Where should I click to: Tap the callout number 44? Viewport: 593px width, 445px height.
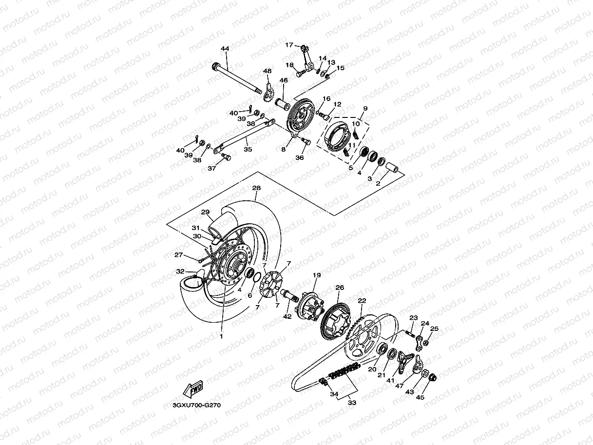pos(225,49)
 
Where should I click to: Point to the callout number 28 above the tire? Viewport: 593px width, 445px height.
pos(256,188)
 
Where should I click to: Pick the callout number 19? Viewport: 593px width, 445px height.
pos(316,275)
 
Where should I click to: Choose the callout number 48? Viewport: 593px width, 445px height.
pos(267,71)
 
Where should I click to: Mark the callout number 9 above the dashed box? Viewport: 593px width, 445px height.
pos(365,108)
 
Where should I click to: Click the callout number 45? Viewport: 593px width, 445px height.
pos(420,397)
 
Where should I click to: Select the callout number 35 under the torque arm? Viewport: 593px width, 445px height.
pos(248,150)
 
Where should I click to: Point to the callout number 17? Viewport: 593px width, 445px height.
pos(289,45)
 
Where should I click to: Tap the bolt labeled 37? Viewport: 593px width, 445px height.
pos(226,156)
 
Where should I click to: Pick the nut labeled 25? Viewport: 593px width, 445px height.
pos(425,343)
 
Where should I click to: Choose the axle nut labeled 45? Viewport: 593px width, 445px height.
pos(434,376)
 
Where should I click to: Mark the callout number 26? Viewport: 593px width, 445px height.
pos(340,288)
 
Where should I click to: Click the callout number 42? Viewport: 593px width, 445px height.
pos(287,316)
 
